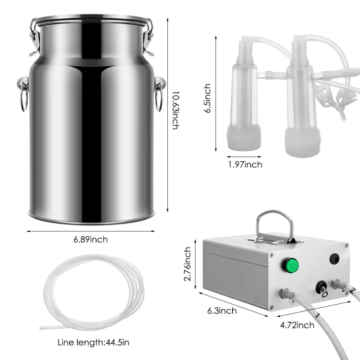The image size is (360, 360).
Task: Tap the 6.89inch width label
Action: click(90, 239)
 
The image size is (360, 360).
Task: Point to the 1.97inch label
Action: click(244, 165)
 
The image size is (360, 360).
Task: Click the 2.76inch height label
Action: click(188, 263)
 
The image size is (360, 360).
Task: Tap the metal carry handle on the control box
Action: click(274, 225)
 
